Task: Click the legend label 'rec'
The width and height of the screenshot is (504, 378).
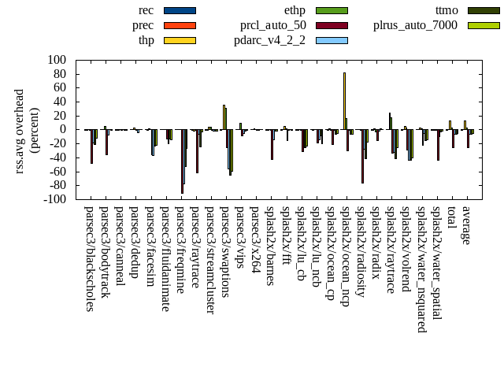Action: pos(146,10)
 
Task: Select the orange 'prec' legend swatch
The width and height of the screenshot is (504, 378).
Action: pos(180,25)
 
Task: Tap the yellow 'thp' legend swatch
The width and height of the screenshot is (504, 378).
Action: pos(180,40)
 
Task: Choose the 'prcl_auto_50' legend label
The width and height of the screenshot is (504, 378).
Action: pos(273,25)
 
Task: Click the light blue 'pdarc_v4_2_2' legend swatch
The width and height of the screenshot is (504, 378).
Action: pos(332,40)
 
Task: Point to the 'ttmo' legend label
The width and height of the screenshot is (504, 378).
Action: pos(447,10)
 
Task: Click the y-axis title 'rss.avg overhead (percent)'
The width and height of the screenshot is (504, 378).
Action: pos(27,129)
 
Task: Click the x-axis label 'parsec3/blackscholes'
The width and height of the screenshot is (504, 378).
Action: pos(89,259)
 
